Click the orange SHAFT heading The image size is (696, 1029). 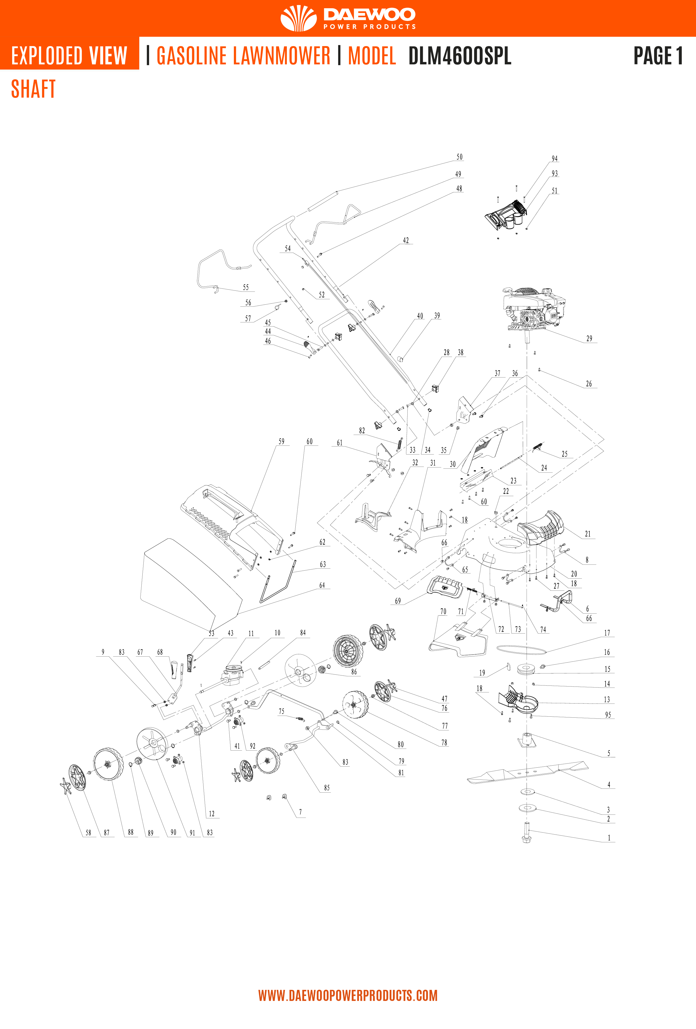(33, 89)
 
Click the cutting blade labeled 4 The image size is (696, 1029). (527, 772)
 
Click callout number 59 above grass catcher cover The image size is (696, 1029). (282, 441)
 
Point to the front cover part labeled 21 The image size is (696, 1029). (541, 528)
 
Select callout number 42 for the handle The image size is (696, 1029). (406, 241)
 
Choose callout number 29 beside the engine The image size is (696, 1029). (589, 338)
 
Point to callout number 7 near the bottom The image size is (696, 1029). (300, 812)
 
